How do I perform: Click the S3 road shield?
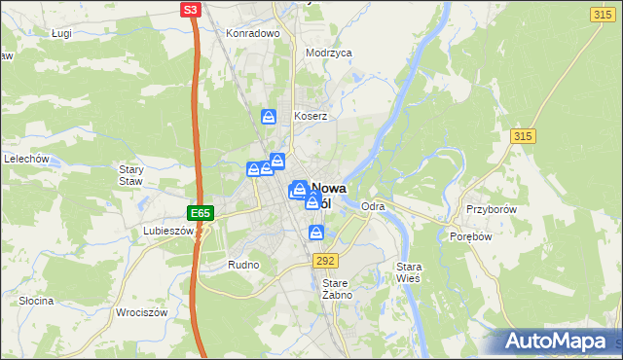tap(191, 11)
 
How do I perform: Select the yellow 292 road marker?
tap(325, 261)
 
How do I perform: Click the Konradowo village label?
tap(253, 33)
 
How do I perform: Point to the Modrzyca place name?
tap(328, 54)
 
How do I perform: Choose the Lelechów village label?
tap(26, 159)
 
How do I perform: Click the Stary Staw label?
tap(130, 175)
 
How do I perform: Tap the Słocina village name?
tap(36, 301)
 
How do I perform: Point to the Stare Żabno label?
tap(336, 288)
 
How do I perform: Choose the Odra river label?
tap(373, 207)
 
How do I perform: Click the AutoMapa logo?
tap(559, 342)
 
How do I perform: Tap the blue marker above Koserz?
tap(269, 118)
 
